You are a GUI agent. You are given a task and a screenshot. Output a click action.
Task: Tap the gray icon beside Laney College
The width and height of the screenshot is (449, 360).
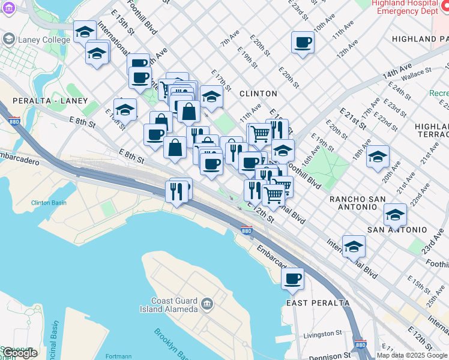click(x=8, y=40)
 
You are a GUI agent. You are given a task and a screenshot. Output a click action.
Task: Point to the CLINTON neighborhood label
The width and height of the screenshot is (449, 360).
click(x=258, y=94)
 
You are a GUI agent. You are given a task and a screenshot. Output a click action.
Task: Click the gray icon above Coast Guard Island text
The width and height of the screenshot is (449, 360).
click(x=207, y=304)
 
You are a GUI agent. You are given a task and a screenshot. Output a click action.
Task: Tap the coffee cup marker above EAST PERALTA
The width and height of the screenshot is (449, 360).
click(x=293, y=278)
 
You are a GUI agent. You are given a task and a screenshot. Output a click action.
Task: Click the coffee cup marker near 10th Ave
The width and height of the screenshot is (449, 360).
click(x=303, y=43)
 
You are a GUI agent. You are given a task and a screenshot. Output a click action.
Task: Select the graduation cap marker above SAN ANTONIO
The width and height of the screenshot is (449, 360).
click(x=395, y=215)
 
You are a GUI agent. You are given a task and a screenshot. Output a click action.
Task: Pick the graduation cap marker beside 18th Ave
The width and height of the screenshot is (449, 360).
click(x=378, y=157)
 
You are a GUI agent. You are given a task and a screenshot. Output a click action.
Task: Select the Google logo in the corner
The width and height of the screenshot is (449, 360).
click(x=19, y=353)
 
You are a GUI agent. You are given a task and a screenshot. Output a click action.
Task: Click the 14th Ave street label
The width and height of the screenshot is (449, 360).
click(x=397, y=71)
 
